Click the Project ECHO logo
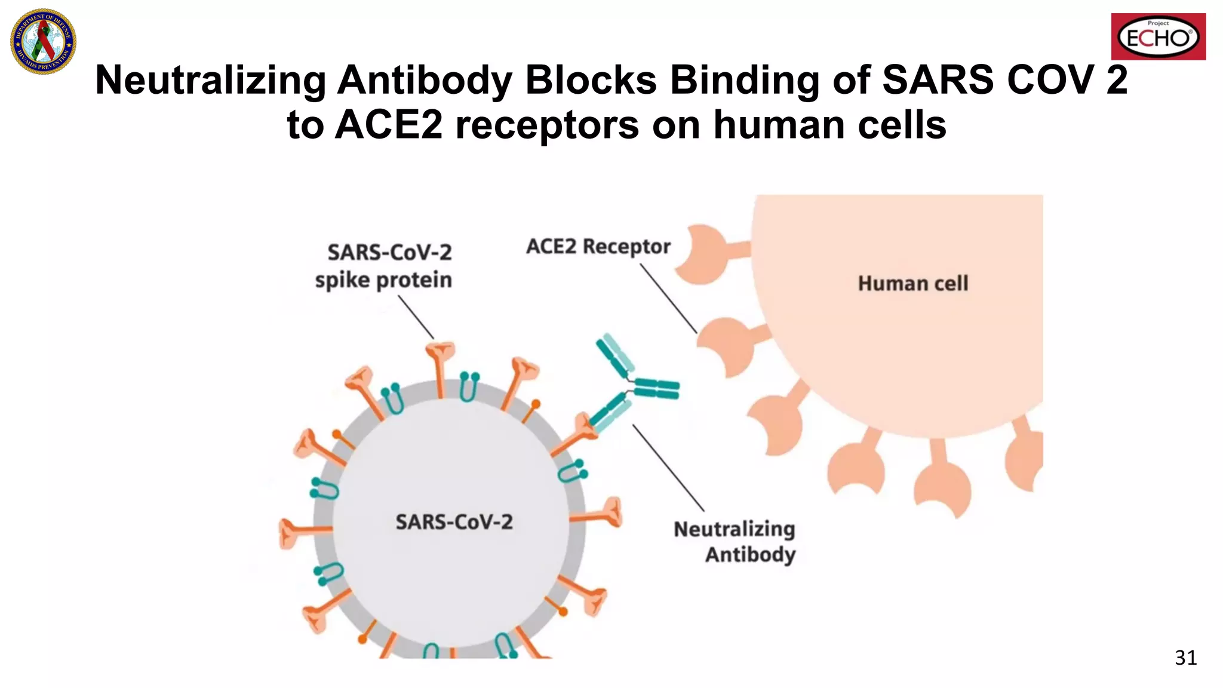click(x=1158, y=37)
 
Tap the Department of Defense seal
click(x=43, y=41)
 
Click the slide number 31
click(x=1185, y=658)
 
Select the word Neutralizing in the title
click(x=210, y=80)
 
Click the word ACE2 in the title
click(x=389, y=125)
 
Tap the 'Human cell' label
click(x=912, y=283)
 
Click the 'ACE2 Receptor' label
click(x=598, y=247)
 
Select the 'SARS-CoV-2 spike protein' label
click(x=384, y=266)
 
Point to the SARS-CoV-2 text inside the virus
click(x=454, y=522)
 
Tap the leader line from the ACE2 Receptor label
click(x=668, y=298)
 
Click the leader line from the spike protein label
click(x=416, y=318)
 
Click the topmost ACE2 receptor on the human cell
click(x=708, y=253)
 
